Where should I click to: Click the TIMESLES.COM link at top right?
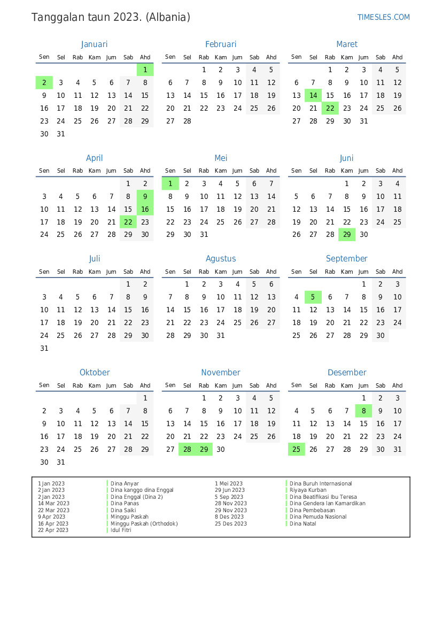tap(383, 17)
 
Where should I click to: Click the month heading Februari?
tap(220, 44)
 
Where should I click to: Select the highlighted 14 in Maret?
tap(313, 96)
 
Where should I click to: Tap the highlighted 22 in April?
tap(128, 222)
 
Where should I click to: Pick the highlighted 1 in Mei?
tap(170, 184)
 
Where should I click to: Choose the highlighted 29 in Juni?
tap(347, 235)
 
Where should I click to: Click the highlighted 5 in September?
tap(313, 297)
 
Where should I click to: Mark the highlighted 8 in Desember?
tap(364, 411)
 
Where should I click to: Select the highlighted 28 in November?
tap(187, 450)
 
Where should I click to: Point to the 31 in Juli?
tap(44, 349)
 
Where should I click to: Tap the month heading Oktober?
tap(95, 373)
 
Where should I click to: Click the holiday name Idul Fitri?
tap(121, 530)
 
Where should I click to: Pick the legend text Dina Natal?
tap(303, 524)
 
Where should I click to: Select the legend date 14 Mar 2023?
tap(53, 504)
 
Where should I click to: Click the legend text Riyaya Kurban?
tap(308, 490)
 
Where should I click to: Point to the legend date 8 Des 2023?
tap(229, 517)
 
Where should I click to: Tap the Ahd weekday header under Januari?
tap(145, 57)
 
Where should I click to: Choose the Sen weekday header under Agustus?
tap(170, 272)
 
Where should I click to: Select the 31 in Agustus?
tap(221, 336)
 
